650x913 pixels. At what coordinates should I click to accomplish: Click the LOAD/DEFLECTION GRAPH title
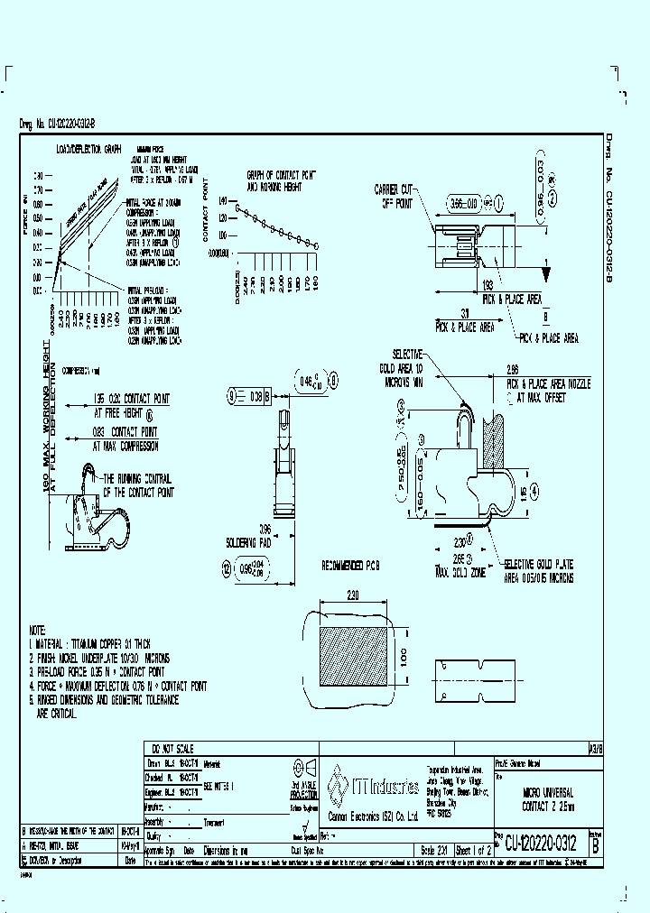88,147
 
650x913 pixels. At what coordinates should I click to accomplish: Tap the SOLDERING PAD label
248,543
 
